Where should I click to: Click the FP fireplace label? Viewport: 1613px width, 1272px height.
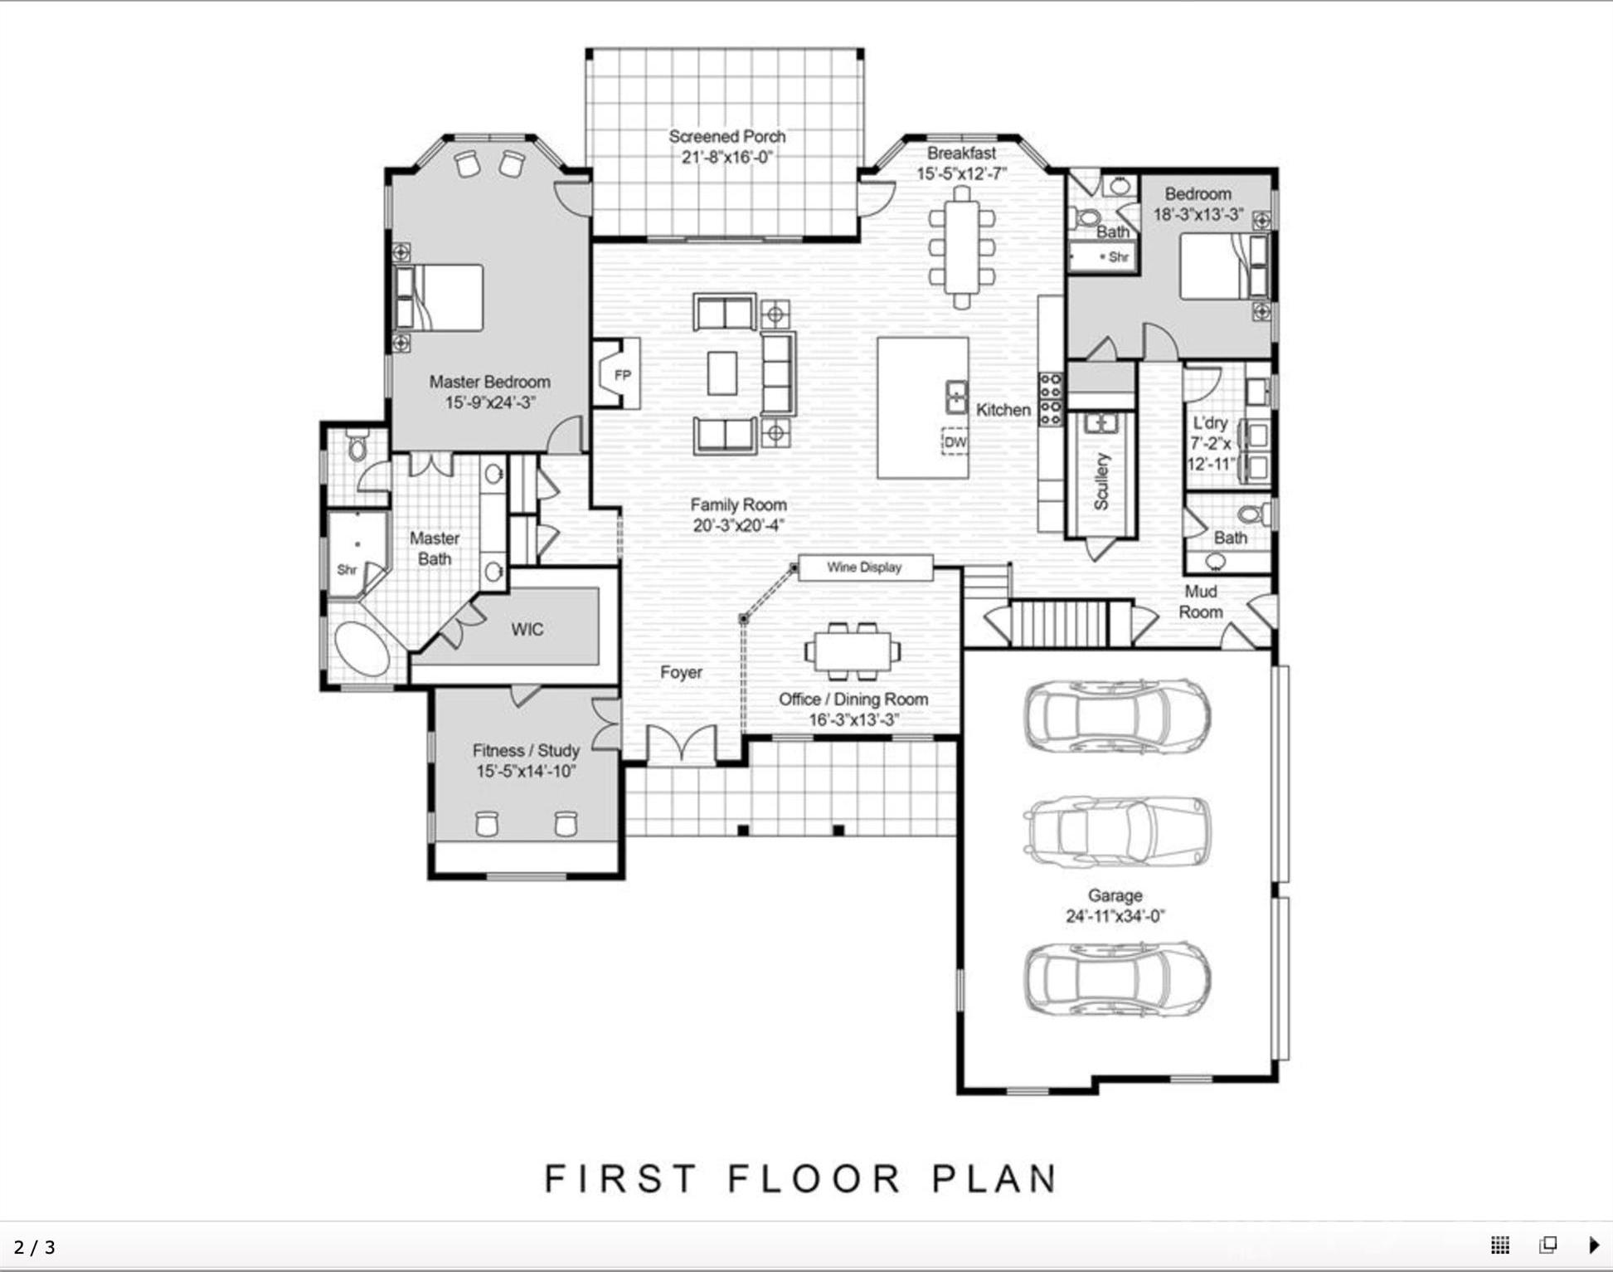623,375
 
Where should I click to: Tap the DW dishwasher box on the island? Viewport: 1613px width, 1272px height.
955,442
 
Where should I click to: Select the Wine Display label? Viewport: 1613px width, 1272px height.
864,568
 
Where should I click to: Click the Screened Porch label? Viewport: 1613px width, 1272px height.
727,136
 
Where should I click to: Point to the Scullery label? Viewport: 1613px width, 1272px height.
1101,481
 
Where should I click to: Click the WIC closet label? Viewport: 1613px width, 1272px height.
527,629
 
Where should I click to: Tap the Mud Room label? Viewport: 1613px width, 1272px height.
1201,602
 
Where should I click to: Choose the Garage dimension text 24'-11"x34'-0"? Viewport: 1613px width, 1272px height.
1115,916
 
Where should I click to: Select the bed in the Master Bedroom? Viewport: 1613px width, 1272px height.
439,298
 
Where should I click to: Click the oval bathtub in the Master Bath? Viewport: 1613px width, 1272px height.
362,649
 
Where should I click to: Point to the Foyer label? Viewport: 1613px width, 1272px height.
681,672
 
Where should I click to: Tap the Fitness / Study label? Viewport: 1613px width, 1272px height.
526,750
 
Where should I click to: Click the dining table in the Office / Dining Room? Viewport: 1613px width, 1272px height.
853,651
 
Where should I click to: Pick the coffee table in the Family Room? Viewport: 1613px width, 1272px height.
722,373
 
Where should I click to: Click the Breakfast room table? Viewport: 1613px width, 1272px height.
961,247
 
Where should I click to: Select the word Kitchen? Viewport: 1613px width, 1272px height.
1003,410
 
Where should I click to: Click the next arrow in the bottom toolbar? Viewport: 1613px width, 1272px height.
1594,1245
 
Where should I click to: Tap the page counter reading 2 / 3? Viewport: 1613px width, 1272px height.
35,1247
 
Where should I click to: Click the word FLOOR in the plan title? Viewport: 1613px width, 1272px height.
814,1179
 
